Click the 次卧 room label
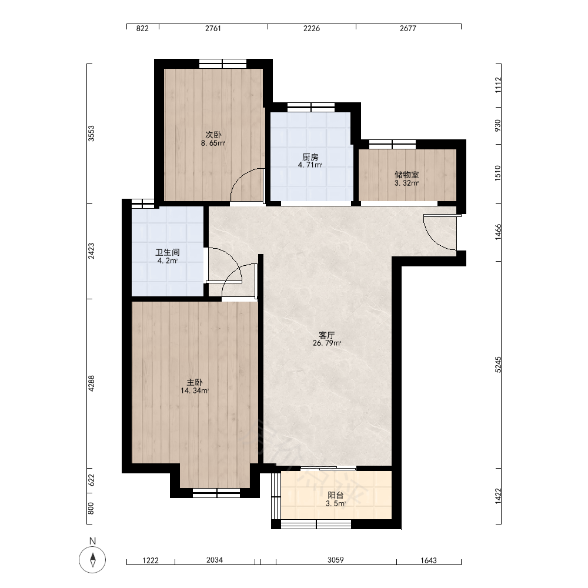point(213,135)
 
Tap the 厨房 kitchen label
point(310,157)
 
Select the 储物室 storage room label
point(406,175)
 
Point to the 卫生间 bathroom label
point(167,252)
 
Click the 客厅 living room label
point(326,335)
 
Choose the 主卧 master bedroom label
point(195,383)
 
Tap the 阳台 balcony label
point(335,495)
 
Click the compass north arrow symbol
point(93,560)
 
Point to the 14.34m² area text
point(195,391)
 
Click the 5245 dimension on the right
point(498,365)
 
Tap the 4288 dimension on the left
point(92,383)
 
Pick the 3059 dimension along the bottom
point(336,560)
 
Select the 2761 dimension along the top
point(213,28)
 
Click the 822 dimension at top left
point(142,28)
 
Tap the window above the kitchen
point(311,107)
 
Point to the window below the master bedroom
point(216,493)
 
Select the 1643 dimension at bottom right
point(429,560)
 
